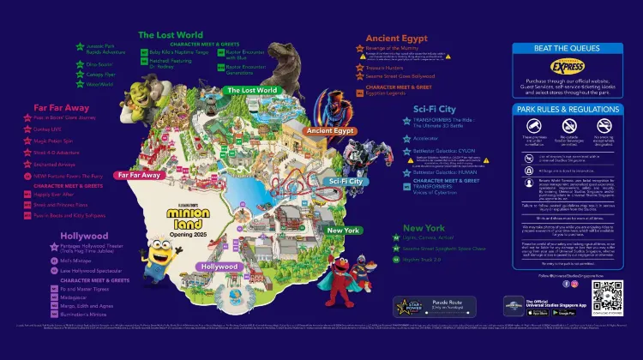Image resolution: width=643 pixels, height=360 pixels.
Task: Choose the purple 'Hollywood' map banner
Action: pyautogui.click(x=219, y=267)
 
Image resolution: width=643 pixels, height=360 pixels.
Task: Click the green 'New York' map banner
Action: pyautogui.click(x=343, y=231)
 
